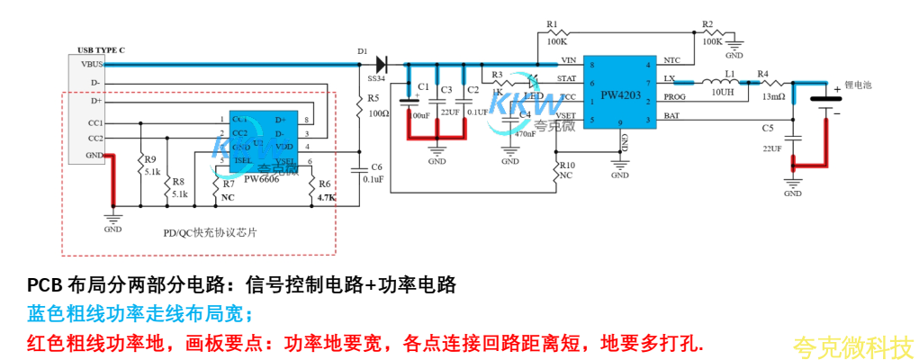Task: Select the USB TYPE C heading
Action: pyautogui.click(x=101, y=50)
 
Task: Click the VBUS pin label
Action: pyautogui.click(x=91, y=64)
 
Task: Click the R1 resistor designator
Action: pyautogui.click(x=552, y=23)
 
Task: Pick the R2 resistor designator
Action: pyautogui.click(x=707, y=23)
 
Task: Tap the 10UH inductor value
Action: pyautogui.click(x=724, y=92)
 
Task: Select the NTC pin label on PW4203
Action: pyautogui.click(x=671, y=60)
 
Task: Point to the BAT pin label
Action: pyautogui.click(x=671, y=115)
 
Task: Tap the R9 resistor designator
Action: pyautogui.click(x=149, y=159)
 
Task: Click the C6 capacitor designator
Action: pyautogui.click(x=376, y=166)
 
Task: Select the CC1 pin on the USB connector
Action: pyautogui.click(x=95, y=121)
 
